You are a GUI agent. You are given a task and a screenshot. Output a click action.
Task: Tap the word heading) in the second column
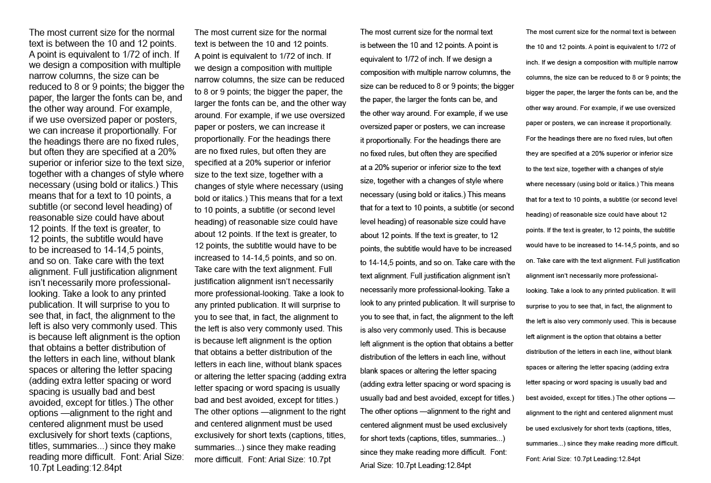click(x=210, y=222)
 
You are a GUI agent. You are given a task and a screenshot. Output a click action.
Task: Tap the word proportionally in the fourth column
click(x=649, y=123)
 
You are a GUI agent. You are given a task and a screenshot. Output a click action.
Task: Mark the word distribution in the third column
click(x=381, y=357)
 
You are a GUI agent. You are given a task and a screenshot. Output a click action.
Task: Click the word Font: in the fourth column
click(x=534, y=459)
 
